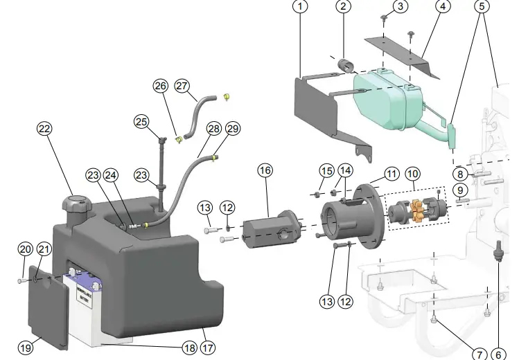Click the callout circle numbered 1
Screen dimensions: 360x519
[299, 7]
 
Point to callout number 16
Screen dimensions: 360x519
[265, 170]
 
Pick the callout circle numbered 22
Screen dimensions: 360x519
[44, 129]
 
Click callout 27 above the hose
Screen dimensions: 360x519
[182, 87]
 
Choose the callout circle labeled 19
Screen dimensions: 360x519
[25, 348]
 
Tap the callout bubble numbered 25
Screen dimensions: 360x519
[142, 122]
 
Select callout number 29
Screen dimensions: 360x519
[232, 129]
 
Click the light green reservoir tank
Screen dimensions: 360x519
[385, 100]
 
